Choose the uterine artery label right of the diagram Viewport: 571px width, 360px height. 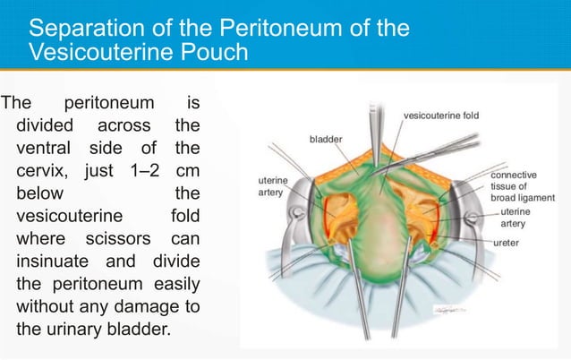(x=521, y=217)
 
